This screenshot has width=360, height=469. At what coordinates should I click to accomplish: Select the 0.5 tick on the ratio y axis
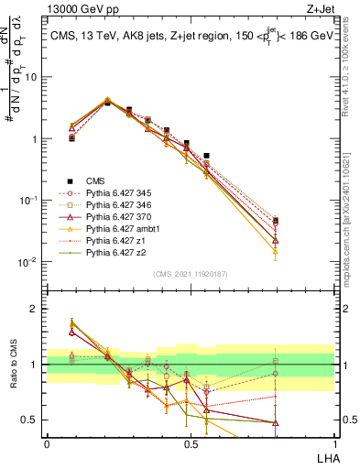(x=34, y=420)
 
